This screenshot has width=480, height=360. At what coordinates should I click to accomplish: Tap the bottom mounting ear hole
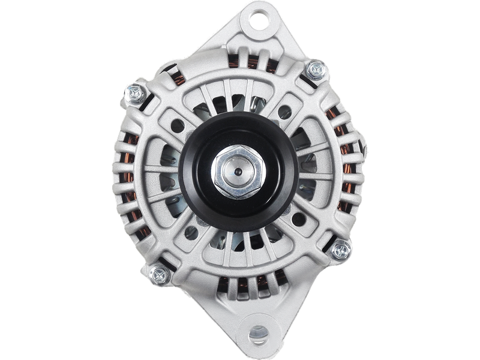(259, 332)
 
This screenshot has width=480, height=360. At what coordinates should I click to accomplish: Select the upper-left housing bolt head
(134, 93)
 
